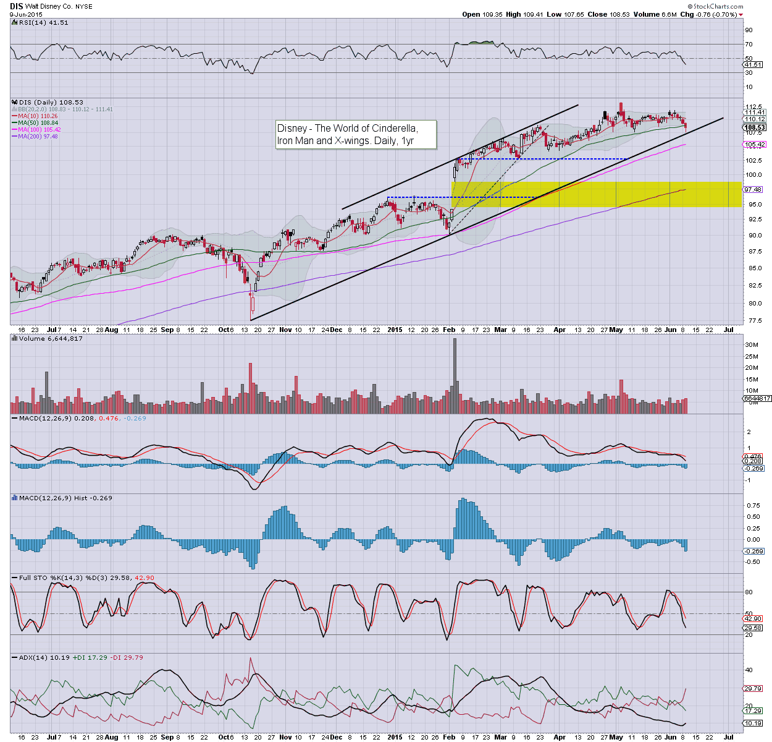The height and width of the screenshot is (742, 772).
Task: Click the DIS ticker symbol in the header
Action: point(17,6)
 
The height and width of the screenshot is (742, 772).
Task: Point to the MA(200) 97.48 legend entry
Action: point(38,136)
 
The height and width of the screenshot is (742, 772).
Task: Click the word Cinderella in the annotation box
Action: point(394,128)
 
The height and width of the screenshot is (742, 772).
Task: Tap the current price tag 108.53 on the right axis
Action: point(755,127)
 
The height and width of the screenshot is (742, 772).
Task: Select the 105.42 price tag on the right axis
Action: point(755,145)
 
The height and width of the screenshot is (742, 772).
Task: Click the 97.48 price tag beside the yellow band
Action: point(753,190)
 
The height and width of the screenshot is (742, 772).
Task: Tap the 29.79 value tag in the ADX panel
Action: point(753,688)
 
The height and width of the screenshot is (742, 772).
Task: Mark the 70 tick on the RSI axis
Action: point(749,45)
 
